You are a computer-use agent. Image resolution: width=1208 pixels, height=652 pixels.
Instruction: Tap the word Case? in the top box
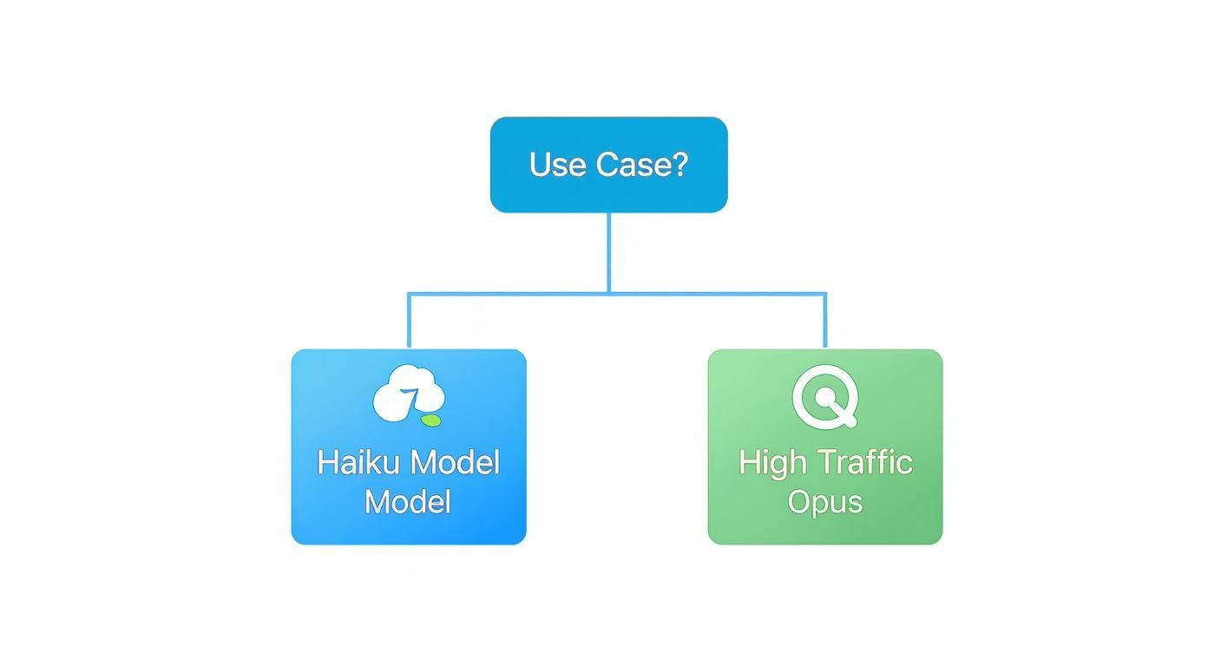tap(641, 164)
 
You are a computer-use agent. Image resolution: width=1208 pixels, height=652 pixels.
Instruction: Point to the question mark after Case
tap(679, 164)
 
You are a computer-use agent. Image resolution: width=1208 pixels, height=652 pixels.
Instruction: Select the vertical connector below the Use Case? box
tap(608, 251)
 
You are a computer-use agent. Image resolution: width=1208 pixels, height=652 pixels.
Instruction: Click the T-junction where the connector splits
tap(608, 293)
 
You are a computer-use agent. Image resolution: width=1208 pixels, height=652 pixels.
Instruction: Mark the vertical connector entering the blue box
tap(409, 323)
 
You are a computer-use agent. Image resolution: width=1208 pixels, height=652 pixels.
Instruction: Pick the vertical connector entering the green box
tap(824, 323)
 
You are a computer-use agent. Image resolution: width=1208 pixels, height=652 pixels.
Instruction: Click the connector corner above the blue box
tap(409, 294)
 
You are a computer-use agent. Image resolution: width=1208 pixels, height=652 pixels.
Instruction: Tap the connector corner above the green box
tap(824, 294)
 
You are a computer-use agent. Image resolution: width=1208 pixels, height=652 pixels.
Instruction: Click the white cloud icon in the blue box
tap(408, 394)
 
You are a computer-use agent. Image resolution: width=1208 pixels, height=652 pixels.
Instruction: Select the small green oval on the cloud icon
tap(430, 421)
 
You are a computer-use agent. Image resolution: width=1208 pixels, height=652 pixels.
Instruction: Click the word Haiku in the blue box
tap(358, 462)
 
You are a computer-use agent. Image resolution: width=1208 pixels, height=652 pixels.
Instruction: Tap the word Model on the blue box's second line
tap(408, 502)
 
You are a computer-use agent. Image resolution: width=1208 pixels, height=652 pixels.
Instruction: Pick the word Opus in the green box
tap(824, 503)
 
